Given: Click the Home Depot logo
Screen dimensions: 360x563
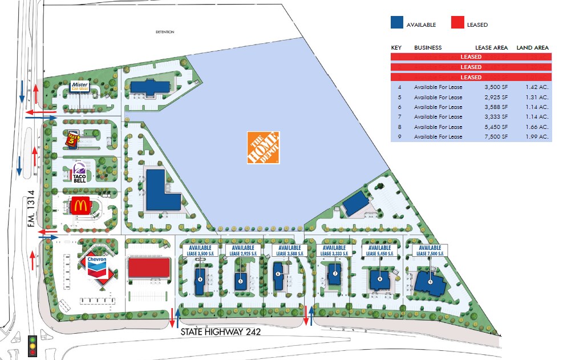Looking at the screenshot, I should click(263, 147).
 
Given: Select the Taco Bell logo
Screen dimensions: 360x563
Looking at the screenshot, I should click(79, 172).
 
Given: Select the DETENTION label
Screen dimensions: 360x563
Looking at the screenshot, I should click(166, 32).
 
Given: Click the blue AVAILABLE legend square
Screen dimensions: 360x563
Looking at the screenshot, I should click(397, 23).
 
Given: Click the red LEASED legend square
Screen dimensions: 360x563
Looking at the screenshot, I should click(458, 23).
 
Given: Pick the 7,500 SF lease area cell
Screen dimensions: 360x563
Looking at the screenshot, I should click(489, 137).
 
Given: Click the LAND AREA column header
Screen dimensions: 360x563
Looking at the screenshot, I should click(532, 47).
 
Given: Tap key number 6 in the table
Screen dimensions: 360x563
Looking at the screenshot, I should click(393, 107).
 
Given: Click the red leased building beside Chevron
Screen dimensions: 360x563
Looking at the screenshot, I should click(149, 268).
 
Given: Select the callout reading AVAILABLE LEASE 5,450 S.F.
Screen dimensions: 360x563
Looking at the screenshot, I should click(379, 250).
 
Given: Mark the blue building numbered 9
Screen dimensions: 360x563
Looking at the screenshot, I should click(431, 282).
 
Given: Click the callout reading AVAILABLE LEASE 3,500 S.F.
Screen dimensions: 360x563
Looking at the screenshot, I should click(200, 250).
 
